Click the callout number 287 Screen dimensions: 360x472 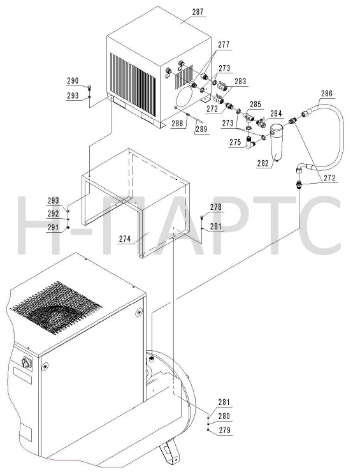(x=198, y=12)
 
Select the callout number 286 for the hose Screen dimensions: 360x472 (x=327, y=93)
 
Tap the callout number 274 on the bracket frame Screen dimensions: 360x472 (x=125, y=239)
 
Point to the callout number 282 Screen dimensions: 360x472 (x=263, y=163)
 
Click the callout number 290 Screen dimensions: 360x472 (x=73, y=80)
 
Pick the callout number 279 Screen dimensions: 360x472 (x=224, y=430)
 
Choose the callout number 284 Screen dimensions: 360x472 (x=276, y=114)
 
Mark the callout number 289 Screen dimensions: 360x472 (x=201, y=129)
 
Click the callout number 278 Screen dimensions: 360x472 (x=215, y=207)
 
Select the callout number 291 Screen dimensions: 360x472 (x=54, y=227)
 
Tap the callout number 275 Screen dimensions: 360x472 (x=236, y=142)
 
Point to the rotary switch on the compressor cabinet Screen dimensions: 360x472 (x=26, y=363)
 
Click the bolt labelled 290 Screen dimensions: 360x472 (x=89, y=88)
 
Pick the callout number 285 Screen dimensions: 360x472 (x=256, y=105)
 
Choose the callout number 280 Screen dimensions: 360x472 (x=224, y=416)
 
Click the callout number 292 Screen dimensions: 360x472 (x=54, y=214)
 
